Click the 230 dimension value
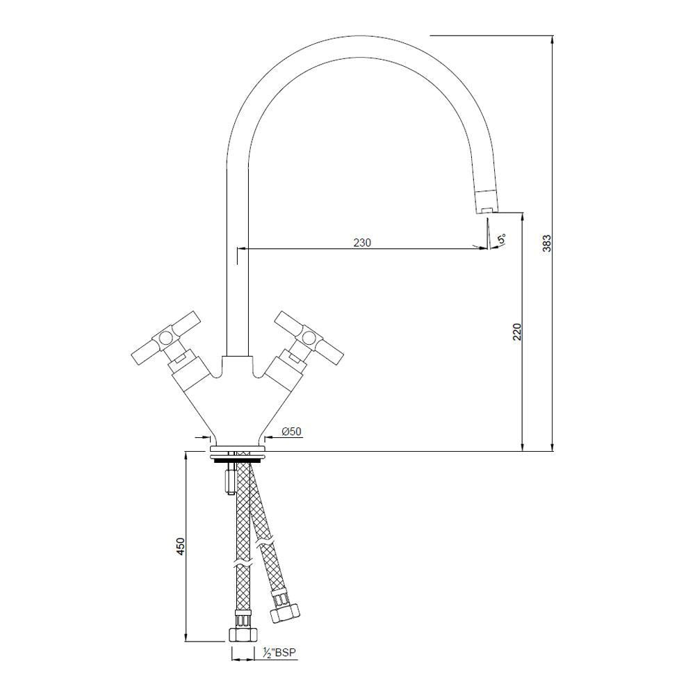(362, 243)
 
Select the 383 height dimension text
(547, 243)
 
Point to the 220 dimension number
(516, 332)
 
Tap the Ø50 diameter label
(291, 432)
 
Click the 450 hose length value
(180, 547)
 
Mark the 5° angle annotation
(501, 240)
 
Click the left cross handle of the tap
(164, 341)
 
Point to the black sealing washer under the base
(236, 459)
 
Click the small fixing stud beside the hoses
(229, 481)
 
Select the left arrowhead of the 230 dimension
(241, 247)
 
